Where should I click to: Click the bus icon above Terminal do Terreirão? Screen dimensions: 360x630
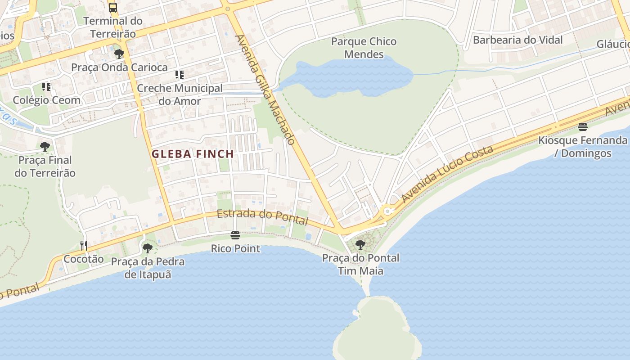[113, 7]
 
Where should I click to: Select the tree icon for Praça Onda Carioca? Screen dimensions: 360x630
[119, 54]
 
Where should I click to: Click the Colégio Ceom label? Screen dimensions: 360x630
[47, 100]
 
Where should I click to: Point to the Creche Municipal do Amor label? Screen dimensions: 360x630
[180, 94]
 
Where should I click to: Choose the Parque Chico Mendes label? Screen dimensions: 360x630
[364, 48]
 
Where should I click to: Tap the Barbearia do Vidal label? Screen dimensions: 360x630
[517, 40]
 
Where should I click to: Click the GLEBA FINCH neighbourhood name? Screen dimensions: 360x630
[193, 154]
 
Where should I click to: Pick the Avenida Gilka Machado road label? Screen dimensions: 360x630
[265, 90]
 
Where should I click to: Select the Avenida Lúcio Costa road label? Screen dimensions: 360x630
[448, 173]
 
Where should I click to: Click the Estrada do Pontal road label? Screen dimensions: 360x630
[262, 217]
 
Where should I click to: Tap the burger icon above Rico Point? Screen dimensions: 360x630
[235, 235]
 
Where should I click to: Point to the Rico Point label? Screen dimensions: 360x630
[235, 248]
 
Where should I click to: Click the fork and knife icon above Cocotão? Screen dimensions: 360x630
[84, 245]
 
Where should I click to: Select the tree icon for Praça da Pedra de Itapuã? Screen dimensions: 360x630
[148, 248]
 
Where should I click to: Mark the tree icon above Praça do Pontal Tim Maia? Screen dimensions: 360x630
[360, 245]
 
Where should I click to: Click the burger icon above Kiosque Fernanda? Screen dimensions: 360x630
[583, 127]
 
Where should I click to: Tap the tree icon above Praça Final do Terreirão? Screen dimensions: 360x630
[45, 147]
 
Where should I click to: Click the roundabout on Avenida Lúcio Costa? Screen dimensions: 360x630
[387, 211]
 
